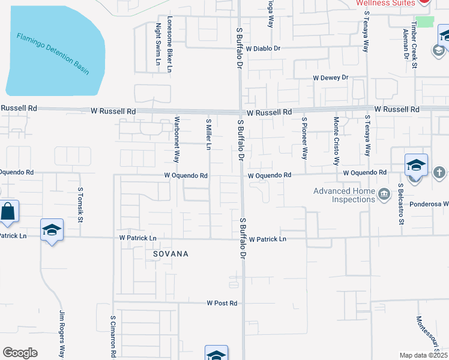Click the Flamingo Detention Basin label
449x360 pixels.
53,54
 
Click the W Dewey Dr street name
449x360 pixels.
330,78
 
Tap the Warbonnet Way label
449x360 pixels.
177,140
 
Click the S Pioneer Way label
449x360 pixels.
304,137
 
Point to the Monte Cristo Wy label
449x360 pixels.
336,142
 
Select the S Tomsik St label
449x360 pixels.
80,203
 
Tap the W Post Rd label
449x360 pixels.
222,304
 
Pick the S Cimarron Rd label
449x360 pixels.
113,336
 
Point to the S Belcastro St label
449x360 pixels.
400,205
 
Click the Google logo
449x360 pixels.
20,353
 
